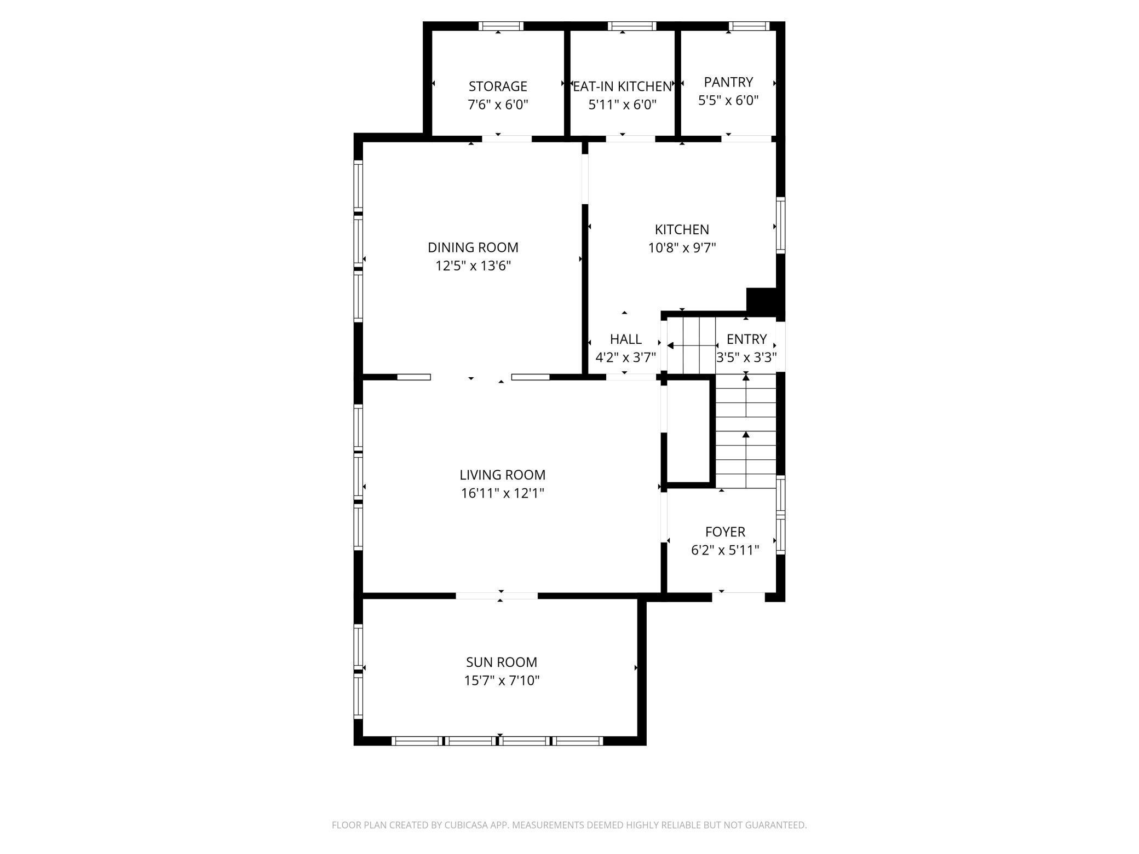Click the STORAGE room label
click(498, 86)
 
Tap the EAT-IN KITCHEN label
click(623, 86)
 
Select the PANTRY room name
click(728, 82)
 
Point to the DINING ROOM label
click(473, 247)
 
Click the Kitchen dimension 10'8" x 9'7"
click(682, 248)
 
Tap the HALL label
click(626, 339)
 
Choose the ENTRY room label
click(746, 339)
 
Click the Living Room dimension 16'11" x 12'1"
click(503, 493)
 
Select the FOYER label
click(725, 532)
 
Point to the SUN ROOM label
click(502, 662)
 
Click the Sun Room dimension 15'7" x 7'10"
click(502, 680)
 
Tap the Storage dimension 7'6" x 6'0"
click(498, 105)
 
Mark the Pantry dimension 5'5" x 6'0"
click(728, 100)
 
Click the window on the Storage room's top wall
click(501, 26)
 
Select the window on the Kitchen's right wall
click(781, 225)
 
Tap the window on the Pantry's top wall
click(749, 26)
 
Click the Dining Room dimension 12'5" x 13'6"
click(473, 266)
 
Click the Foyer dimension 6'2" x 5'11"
click(725, 550)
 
